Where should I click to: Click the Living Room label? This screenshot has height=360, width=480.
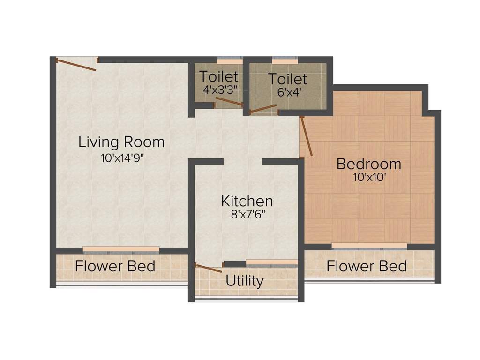click(121, 142)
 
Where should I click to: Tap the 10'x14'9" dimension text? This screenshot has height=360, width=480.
click(121, 158)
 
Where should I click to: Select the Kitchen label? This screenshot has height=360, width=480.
click(247, 201)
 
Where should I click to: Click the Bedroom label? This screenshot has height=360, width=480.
click(369, 164)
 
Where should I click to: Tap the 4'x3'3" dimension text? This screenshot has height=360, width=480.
click(218, 88)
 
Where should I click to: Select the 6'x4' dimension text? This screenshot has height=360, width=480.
click(287, 92)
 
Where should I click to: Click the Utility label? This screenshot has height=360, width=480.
click(245, 281)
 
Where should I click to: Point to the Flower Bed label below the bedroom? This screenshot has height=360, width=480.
click(367, 266)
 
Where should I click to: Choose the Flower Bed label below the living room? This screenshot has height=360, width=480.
click(115, 266)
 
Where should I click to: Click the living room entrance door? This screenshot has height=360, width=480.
click(76, 65)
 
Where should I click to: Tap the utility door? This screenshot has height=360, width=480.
click(209, 268)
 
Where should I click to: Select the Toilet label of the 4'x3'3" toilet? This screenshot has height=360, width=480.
click(218, 76)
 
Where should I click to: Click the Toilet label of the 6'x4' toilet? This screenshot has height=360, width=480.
click(287, 79)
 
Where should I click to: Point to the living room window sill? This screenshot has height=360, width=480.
click(121, 249)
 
